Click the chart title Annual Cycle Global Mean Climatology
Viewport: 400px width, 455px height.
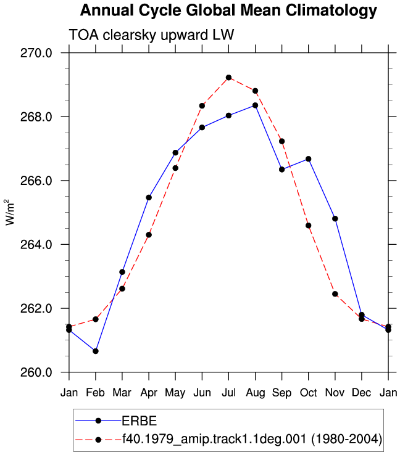click(228, 11)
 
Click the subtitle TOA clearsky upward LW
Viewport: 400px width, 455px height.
click(151, 35)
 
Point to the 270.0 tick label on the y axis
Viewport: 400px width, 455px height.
click(36, 53)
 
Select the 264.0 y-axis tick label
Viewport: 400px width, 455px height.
click(36, 244)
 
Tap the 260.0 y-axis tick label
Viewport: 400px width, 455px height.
click(36, 372)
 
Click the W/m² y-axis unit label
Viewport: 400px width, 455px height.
click(10, 212)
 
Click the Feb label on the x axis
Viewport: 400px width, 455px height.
click(95, 393)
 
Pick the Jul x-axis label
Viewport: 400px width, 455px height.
click(228, 393)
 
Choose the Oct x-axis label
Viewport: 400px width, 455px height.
click(309, 393)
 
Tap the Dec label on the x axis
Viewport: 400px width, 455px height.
click(362, 393)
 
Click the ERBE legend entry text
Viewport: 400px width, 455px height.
click(140, 420)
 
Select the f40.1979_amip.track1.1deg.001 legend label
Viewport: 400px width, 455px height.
click(214, 439)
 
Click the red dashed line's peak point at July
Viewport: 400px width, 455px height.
click(228, 78)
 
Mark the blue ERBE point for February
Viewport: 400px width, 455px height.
click(96, 351)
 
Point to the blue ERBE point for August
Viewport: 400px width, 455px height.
click(256, 105)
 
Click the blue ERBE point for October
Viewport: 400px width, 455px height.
click(309, 159)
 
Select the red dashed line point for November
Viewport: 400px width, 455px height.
click(335, 294)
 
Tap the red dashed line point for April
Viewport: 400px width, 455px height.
click(149, 235)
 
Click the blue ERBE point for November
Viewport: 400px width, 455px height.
click(335, 219)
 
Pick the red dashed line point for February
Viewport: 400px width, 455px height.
click(96, 319)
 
